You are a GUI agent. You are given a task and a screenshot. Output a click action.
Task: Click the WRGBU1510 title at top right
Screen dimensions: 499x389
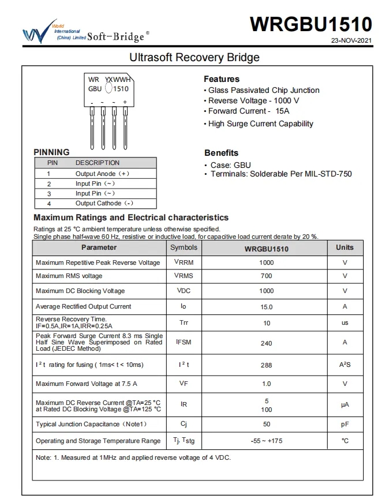pos(311,24)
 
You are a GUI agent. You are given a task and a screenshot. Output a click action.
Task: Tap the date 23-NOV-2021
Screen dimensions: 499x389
pos(351,41)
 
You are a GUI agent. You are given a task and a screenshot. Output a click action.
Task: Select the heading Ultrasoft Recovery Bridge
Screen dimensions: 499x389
pos(194,58)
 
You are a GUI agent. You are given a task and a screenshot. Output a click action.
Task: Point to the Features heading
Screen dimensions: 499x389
pos(222,79)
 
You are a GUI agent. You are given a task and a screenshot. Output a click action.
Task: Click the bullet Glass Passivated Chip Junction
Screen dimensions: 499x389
pos(263,90)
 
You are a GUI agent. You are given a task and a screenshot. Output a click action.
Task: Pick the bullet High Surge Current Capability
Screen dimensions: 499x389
pos(260,123)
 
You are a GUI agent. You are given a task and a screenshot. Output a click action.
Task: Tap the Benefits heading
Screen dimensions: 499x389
pos(221,153)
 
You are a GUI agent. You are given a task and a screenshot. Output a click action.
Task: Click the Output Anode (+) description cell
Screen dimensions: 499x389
pos(102,173)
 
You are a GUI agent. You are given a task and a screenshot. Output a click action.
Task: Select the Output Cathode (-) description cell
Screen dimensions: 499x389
pos(104,203)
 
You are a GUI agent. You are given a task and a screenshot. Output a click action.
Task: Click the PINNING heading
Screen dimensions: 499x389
pos(51,152)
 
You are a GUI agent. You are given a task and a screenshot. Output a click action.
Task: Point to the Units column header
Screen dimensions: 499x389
pos(345,247)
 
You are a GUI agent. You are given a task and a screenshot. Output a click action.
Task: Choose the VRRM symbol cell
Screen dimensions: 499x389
pos(184,262)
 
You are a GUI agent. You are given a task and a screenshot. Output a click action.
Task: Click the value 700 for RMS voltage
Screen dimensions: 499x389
pos(267,276)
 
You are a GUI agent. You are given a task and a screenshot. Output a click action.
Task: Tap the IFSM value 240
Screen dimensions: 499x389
pos(266,343)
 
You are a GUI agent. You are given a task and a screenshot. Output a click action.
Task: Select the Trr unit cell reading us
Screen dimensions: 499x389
pos(345,323)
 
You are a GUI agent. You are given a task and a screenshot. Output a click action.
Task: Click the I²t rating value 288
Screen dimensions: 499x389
pos(266,365)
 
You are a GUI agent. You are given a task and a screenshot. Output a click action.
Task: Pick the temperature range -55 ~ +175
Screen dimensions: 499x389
pos(266,441)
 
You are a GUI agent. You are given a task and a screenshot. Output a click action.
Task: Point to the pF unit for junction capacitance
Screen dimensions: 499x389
pos(345,425)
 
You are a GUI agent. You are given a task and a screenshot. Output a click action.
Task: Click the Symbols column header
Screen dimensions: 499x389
pos(184,247)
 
